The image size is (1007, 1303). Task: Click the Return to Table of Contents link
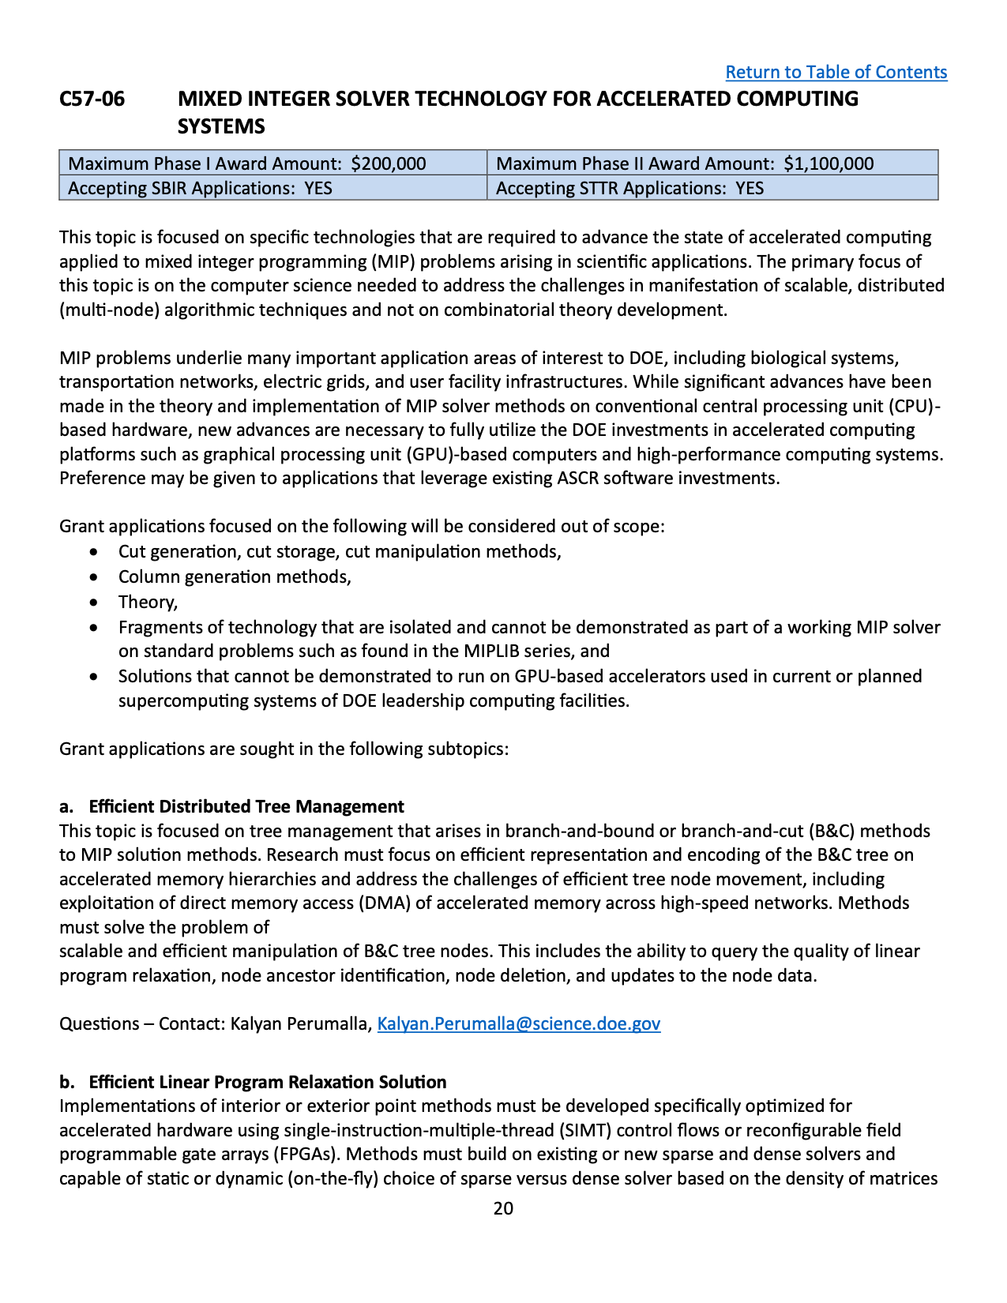pos(836,72)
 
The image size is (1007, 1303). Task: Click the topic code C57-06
pos(92,99)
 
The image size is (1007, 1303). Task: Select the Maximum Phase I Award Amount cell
pos(272,163)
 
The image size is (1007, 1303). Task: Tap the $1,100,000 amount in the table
pos(829,163)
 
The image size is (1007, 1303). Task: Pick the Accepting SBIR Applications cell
pos(272,188)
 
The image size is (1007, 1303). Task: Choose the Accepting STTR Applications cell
pos(712,188)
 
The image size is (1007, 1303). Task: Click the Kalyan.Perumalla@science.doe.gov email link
pos(518,1023)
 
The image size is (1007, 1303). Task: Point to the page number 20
pos(503,1208)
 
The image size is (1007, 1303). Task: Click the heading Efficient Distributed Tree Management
pos(246,806)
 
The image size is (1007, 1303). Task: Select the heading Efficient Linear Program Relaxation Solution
pos(268,1082)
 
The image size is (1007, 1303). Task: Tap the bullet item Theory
pos(148,602)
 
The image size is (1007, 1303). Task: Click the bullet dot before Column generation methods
pos(95,577)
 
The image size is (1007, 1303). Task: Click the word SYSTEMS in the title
pos(221,126)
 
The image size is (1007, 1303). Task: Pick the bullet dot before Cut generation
pos(95,552)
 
